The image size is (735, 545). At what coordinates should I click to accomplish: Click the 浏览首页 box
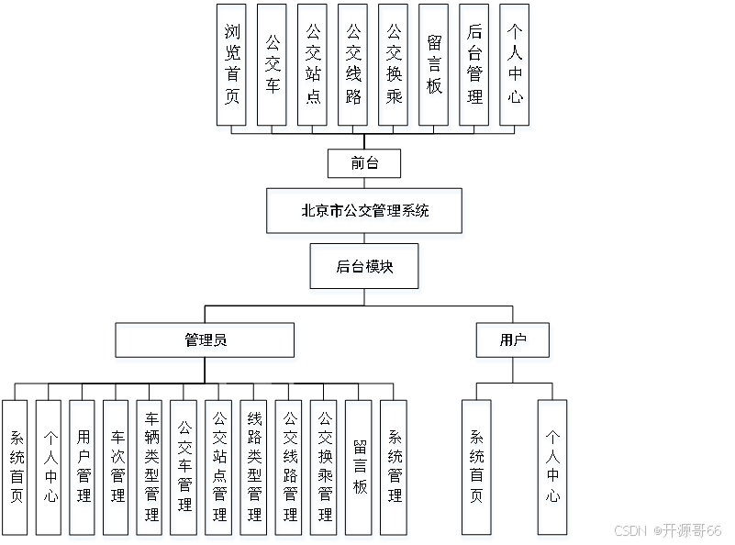(233, 67)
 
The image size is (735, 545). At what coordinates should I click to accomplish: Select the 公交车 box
(273, 67)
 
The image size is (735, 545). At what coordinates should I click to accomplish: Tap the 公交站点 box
(314, 67)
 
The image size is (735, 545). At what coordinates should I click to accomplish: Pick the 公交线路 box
(353, 67)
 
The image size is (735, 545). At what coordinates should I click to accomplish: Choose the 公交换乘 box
(394, 67)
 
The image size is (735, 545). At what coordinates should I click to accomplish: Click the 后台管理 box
(475, 67)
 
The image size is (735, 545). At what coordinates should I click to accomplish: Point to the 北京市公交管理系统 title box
(365, 213)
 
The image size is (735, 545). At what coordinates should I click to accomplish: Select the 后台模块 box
(365, 269)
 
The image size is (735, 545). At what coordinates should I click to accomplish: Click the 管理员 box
(206, 342)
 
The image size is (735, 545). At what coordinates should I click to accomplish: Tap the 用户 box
(514, 342)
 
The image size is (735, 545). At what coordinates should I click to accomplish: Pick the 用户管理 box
(83, 469)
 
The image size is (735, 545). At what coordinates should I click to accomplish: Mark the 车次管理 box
(117, 469)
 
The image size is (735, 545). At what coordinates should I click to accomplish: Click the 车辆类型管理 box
(150, 469)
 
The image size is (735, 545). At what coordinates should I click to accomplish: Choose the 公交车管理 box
(185, 469)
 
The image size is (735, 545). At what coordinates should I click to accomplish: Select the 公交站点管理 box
(220, 469)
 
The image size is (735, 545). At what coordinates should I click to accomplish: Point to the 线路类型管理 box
(255, 469)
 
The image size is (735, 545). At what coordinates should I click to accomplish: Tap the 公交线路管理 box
(290, 469)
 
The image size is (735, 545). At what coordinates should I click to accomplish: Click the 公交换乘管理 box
(325, 469)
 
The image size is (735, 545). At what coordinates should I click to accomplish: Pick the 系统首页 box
(476, 469)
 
